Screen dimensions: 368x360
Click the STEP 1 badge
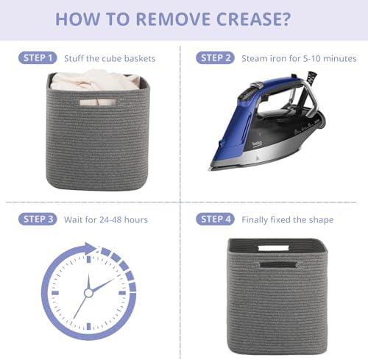coord(38,58)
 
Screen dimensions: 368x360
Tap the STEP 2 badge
coord(215,58)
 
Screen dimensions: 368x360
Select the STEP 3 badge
coord(38,219)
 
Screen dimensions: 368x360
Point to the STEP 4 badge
coord(215,219)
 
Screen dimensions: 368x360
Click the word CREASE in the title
coord(248,19)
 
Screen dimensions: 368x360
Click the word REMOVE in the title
coord(173,19)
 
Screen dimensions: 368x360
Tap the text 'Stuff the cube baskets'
coord(110,59)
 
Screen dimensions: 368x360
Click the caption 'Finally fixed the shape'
coord(287,220)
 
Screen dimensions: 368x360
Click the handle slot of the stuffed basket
coord(99,102)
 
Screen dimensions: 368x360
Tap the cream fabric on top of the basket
coord(96,80)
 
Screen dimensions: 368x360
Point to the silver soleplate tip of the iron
coord(210,169)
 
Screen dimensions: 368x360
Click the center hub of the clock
coord(88,293)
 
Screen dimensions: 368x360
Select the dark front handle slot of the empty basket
coord(278,265)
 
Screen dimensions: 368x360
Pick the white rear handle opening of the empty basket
coord(273,248)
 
